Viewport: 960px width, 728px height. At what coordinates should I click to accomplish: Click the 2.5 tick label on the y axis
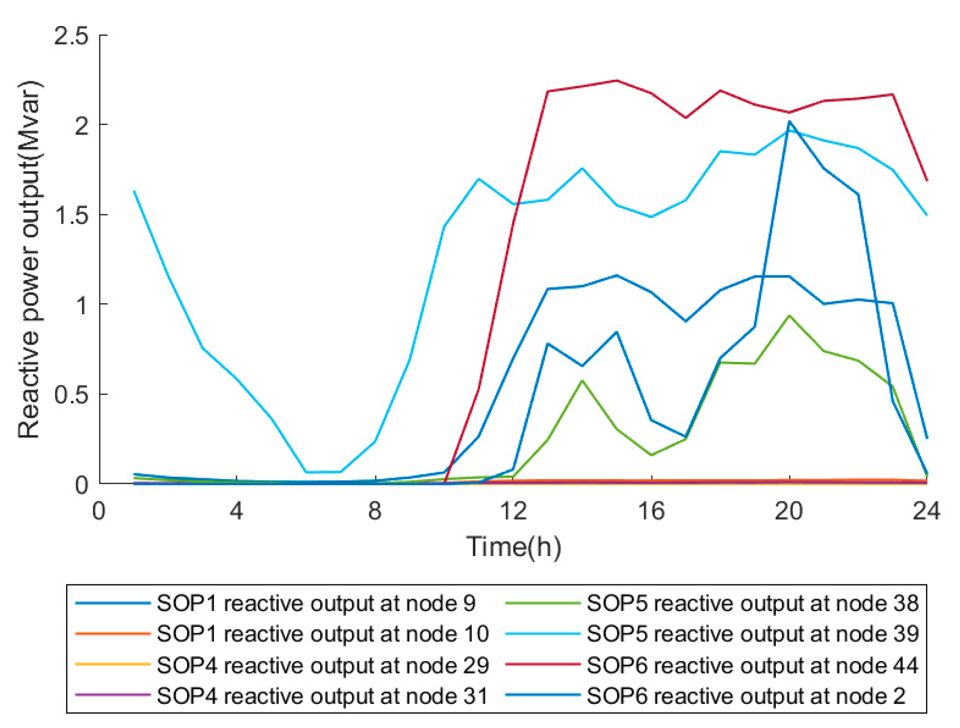(71, 36)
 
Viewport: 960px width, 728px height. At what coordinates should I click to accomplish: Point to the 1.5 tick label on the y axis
(71, 215)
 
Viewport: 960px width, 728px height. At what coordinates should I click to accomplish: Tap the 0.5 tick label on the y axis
(71, 395)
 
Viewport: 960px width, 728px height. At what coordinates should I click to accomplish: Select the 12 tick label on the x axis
(513, 511)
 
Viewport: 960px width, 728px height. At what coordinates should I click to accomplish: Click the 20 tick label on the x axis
(789, 511)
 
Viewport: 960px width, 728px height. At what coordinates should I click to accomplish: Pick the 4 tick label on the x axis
(237, 511)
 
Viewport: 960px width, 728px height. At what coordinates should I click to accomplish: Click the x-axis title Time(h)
(514, 547)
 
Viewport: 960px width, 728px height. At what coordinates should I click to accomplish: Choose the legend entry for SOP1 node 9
(316, 603)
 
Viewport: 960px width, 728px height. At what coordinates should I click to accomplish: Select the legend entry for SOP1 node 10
(323, 634)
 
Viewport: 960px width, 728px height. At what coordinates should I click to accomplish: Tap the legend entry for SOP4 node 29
(323, 665)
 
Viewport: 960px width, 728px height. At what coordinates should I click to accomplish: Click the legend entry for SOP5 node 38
(752, 603)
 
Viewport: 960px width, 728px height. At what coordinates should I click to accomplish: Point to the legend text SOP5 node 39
(752, 634)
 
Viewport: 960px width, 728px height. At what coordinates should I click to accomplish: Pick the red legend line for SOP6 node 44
(542, 664)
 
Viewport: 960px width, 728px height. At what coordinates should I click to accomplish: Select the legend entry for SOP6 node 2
(746, 695)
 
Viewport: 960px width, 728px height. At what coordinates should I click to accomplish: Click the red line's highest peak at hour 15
(616, 80)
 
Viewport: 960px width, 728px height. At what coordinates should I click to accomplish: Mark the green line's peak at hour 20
(789, 316)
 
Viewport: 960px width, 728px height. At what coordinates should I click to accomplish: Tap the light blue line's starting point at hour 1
(135, 191)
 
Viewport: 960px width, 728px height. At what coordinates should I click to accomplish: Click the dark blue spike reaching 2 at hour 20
(789, 121)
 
